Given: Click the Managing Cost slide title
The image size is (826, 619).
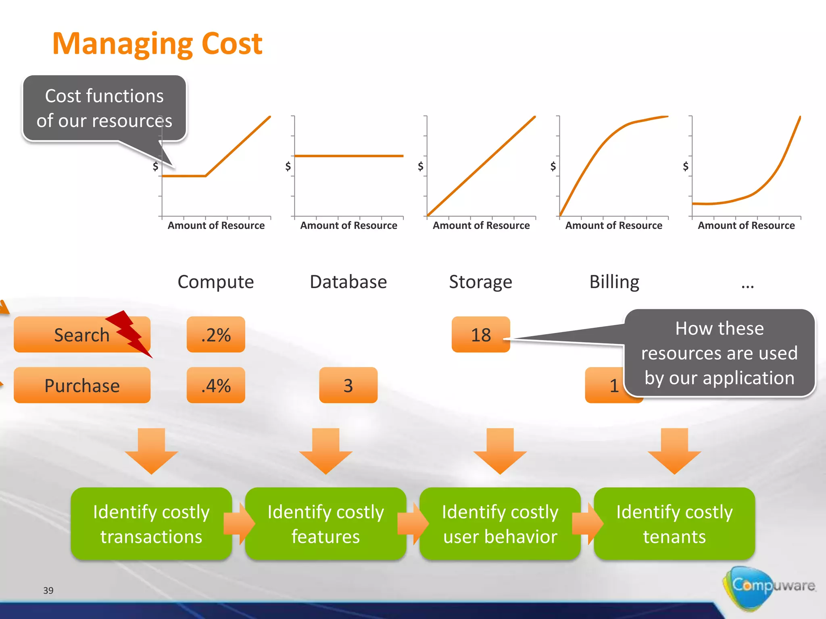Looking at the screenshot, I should coord(157,44).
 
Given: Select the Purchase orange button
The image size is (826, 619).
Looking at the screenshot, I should coord(82,385).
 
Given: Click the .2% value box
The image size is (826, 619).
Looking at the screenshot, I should coord(216,334).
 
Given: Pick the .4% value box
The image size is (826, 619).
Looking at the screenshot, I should coord(216,385).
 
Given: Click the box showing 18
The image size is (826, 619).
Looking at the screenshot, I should coord(481,334).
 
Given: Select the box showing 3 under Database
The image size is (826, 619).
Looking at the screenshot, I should coord(348,385).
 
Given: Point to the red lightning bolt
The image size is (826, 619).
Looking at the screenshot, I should coord(129,332).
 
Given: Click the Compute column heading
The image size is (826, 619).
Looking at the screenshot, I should coord(216,282).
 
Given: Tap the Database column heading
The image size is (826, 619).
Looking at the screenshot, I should coord(348,282).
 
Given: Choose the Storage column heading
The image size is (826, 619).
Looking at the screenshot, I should coord(480,282).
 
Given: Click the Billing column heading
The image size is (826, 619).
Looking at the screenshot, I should coord(614,282).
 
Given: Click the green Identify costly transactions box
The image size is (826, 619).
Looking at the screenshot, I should coord(151,524).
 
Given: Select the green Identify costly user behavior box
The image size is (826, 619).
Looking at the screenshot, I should coord(500,524).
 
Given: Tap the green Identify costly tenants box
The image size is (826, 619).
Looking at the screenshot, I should coord(674,524).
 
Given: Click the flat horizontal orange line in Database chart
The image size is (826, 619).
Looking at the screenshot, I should coord(349,156).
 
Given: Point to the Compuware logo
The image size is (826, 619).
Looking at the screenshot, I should coord(768,586).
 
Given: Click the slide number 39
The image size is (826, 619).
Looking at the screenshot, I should coord(48,590).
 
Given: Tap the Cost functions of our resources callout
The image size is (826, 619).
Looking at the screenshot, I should coord(104,108).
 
